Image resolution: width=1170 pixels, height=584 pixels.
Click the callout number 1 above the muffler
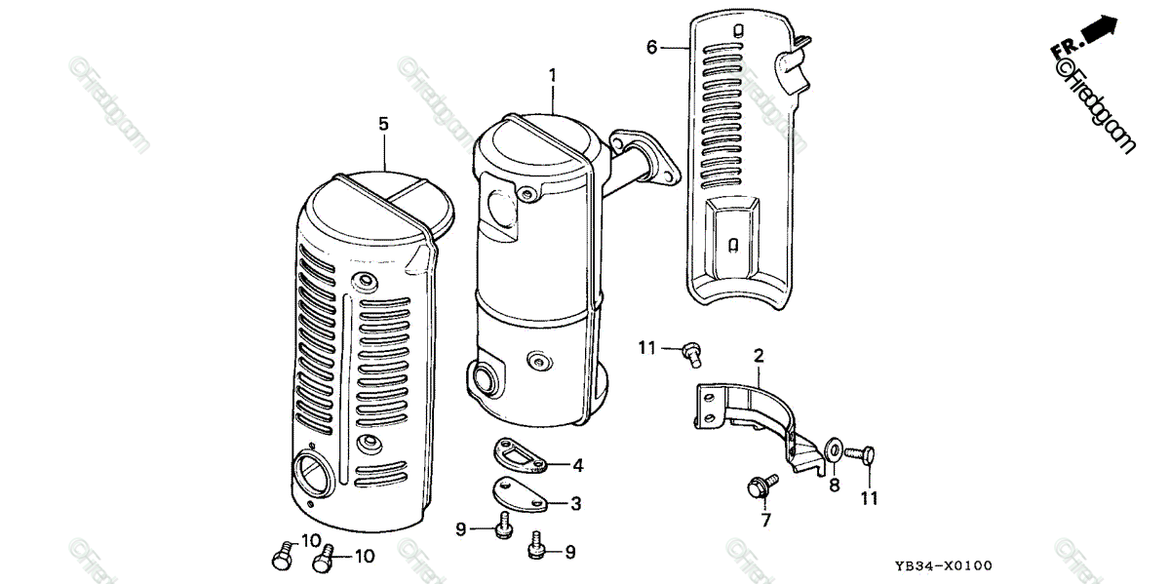click(x=552, y=75)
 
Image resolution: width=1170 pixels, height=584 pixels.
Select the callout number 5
click(x=383, y=124)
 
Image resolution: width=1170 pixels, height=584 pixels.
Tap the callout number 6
click(x=652, y=46)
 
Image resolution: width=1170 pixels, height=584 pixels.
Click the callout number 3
click(x=576, y=503)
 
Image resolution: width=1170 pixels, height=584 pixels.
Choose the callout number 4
click(x=577, y=466)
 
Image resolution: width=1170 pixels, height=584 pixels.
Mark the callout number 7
click(x=766, y=521)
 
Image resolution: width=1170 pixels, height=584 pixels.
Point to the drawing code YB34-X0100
click(x=944, y=566)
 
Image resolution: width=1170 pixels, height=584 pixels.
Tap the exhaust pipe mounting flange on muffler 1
click(x=648, y=156)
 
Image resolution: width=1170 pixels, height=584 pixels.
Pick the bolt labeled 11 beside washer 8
click(x=863, y=453)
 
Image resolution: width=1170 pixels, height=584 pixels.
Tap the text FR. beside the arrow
click(x=1064, y=49)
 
